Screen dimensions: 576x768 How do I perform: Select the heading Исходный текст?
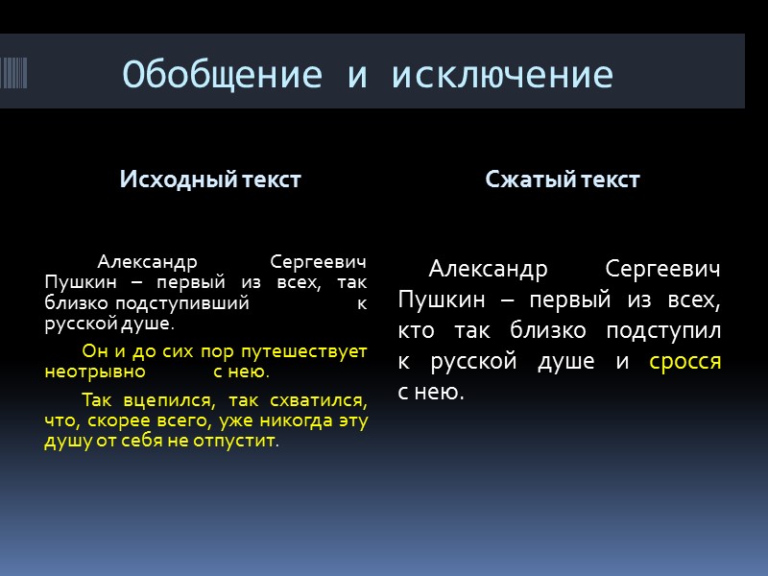click(x=210, y=180)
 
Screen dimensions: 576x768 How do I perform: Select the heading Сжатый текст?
click(x=563, y=180)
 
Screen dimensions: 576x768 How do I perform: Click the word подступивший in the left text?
click(x=197, y=303)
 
